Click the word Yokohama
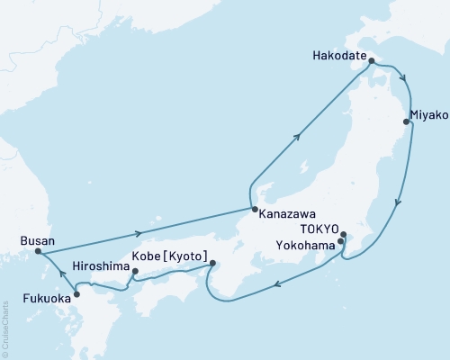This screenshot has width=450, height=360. (x=307, y=243)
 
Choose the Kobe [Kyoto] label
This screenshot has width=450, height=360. (x=170, y=256)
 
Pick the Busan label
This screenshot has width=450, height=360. (x=37, y=240)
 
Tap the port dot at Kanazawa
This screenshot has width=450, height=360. (x=253, y=209)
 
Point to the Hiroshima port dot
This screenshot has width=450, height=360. (x=134, y=271)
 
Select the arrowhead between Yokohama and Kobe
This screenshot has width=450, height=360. (x=277, y=285)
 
